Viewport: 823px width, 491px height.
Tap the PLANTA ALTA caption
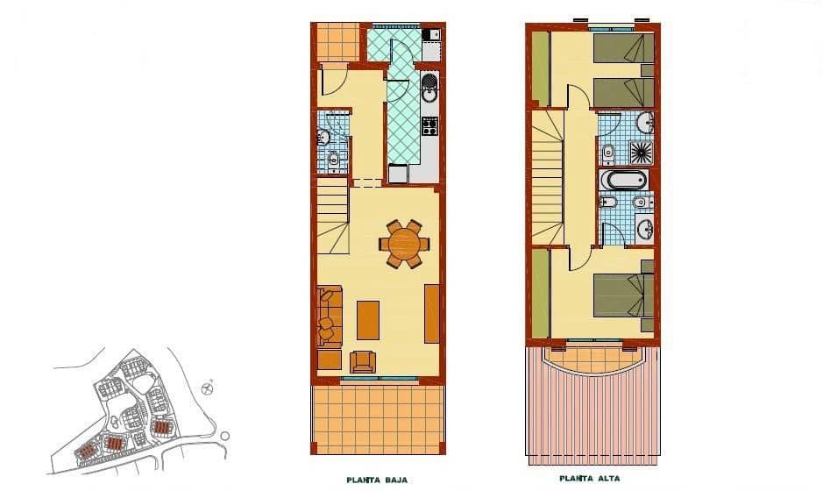(590, 479)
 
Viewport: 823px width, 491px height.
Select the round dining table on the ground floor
(404, 243)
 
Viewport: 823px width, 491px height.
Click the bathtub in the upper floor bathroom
(623, 181)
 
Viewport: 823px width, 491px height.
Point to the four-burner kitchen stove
(429, 126)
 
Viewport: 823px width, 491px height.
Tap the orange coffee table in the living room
(368, 320)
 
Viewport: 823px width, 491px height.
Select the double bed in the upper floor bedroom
(624, 295)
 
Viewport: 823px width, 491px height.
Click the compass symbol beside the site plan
(208, 384)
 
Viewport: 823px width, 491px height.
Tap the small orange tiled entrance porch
(337, 42)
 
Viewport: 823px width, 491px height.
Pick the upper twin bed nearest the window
(623, 48)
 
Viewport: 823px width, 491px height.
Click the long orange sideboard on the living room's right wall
(431, 313)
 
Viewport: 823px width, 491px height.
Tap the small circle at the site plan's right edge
(225, 435)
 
